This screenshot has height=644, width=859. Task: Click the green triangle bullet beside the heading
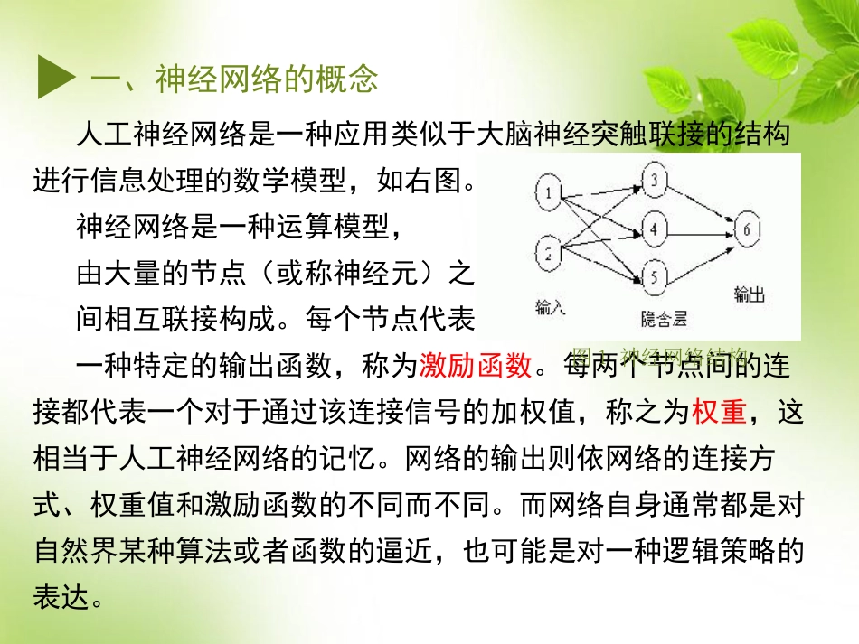point(55,79)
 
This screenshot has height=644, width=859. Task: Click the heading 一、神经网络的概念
point(234,79)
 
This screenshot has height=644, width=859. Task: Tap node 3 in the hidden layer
point(654,179)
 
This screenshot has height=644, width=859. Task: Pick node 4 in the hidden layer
point(654,227)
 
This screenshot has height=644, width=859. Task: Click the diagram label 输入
point(550,305)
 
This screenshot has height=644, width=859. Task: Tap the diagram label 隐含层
point(665,317)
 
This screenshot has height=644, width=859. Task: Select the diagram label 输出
point(750,294)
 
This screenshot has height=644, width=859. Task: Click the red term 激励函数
point(476,365)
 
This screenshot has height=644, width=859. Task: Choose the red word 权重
point(719,411)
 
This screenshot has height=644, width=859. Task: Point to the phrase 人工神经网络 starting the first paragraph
point(151,135)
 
